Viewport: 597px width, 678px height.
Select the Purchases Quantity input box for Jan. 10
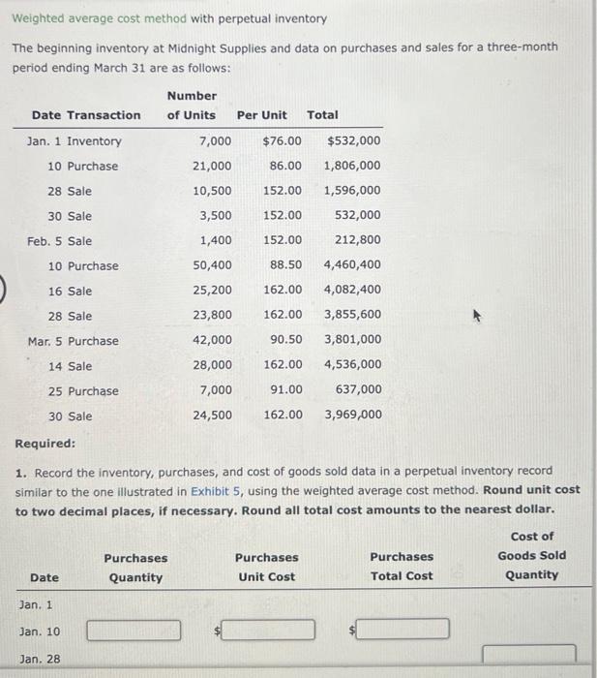coord(134,631)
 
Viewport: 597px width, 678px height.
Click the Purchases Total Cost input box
coord(401,631)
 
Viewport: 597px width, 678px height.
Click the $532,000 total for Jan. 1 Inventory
coord(354,141)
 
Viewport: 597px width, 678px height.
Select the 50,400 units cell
coord(212,265)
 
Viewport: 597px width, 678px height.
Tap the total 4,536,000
coord(352,365)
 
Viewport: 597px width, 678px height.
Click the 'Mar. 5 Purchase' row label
coord(73,341)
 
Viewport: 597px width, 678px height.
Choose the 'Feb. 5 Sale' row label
coord(60,241)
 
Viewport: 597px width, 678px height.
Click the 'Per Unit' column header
coord(261,115)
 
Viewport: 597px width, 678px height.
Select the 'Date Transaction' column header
coord(85,115)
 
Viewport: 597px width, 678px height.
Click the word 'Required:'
coord(45,444)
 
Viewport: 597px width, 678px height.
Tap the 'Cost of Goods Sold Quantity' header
coord(531,556)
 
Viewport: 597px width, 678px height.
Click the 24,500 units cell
coord(212,416)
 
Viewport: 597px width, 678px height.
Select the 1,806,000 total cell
coord(352,166)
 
